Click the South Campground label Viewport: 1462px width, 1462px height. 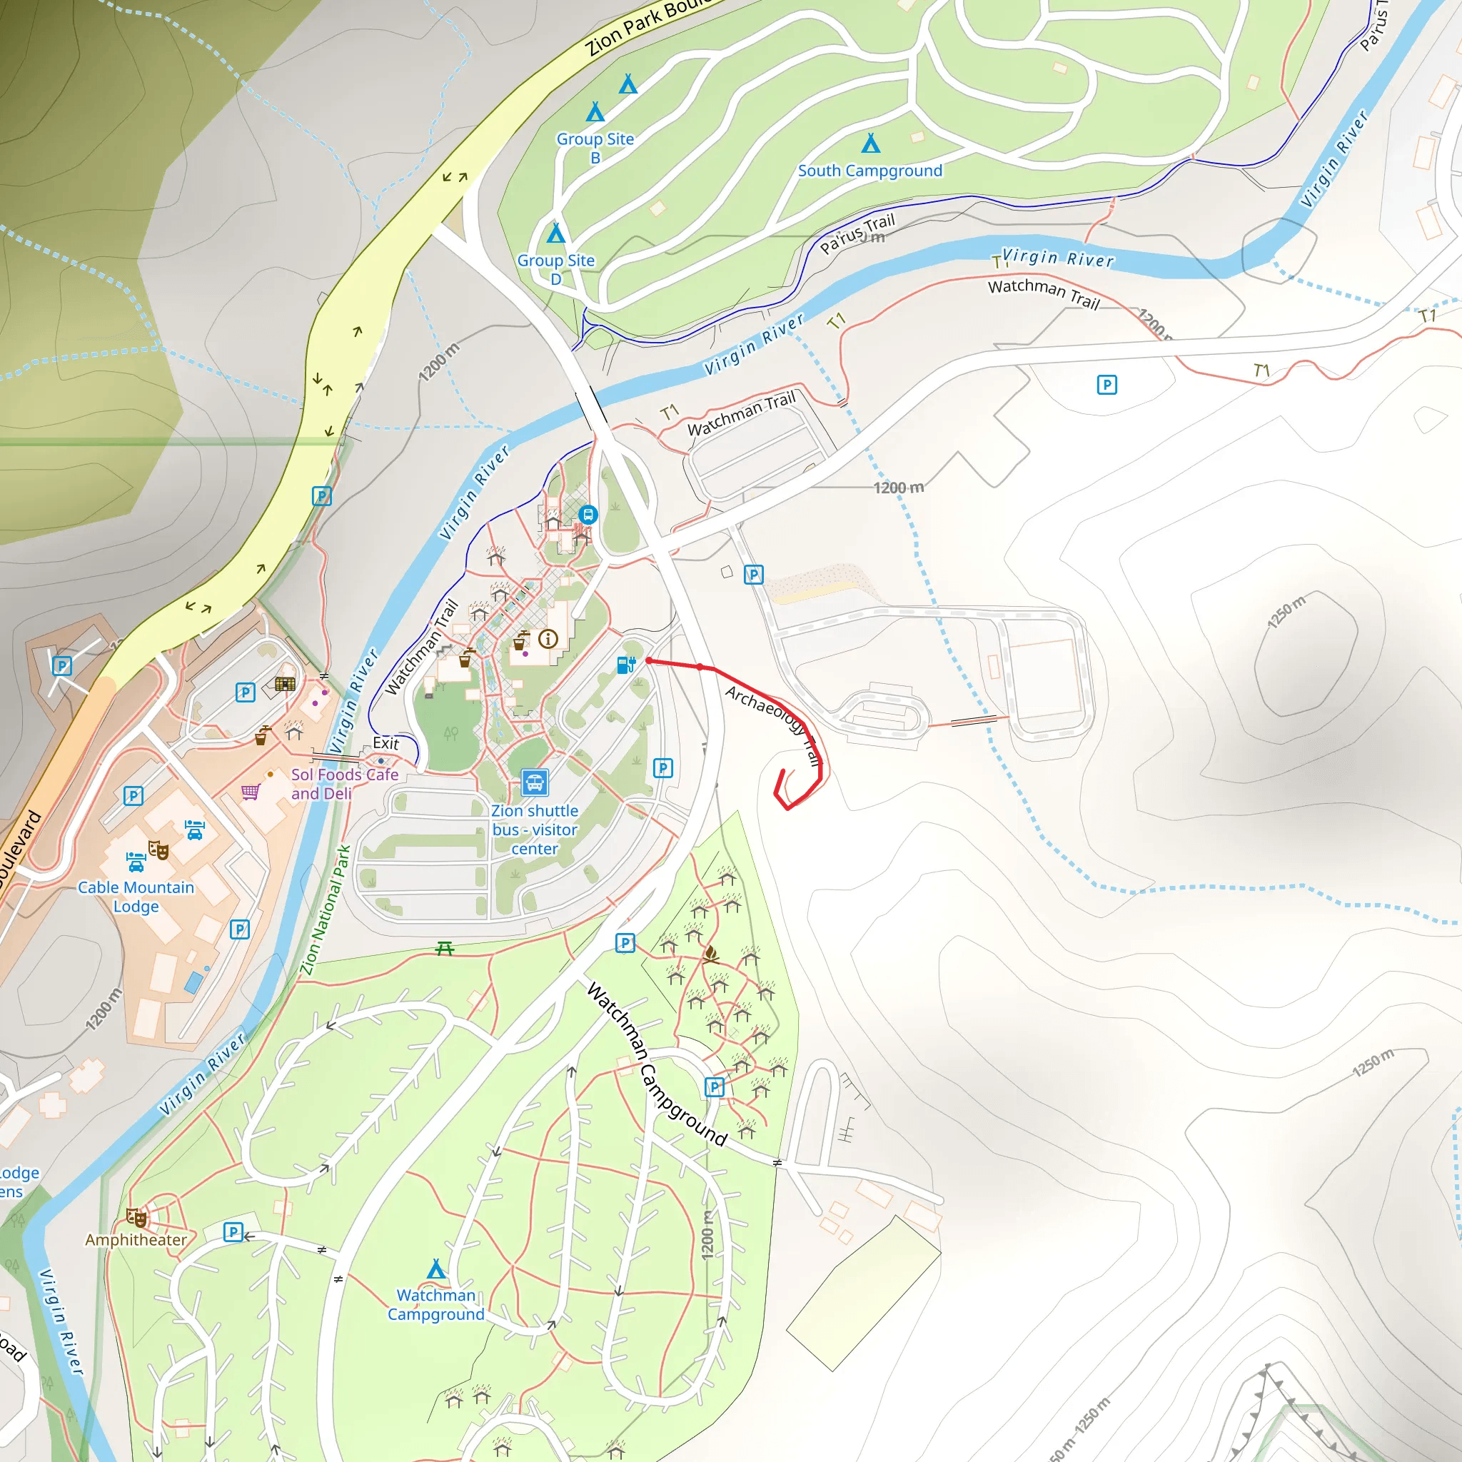tap(870, 171)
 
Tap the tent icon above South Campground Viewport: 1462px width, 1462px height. tap(871, 143)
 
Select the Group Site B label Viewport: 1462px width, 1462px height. tap(595, 148)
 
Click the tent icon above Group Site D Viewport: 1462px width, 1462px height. tap(556, 232)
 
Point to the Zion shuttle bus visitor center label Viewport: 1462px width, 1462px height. tap(534, 830)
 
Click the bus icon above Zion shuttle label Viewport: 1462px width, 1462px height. tap(534, 782)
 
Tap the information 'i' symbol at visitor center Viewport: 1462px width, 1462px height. tap(548, 639)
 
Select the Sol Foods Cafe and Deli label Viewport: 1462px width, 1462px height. tap(344, 784)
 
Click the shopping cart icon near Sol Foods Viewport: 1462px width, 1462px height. tap(251, 792)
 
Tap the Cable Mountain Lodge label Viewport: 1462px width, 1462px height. tap(136, 897)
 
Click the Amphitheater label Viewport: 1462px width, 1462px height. tap(136, 1239)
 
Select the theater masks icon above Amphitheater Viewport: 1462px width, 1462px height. tap(137, 1218)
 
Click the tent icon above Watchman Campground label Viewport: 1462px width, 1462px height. tap(436, 1269)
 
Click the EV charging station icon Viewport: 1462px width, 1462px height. tap(626, 665)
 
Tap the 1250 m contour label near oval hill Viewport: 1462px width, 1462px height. tap(1287, 612)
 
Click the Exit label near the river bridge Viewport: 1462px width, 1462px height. tap(385, 743)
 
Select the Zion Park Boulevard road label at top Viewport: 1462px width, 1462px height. tap(643, 26)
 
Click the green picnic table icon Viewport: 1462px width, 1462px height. tap(445, 948)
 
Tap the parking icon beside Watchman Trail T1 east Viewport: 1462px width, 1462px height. tap(1106, 385)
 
